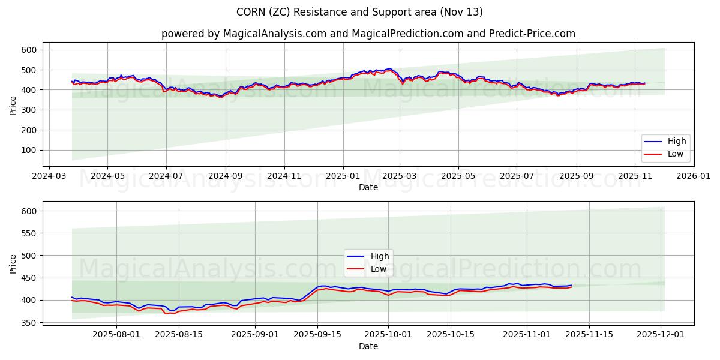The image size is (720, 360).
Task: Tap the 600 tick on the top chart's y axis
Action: click(x=29, y=50)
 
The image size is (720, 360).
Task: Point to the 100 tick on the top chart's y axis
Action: click(x=29, y=150)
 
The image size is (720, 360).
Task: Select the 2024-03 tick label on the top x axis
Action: click(x=49, y=176)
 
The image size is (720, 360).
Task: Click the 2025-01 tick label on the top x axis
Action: click(x=343, y=176)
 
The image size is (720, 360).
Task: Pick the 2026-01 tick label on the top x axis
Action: click(x=693, y=176)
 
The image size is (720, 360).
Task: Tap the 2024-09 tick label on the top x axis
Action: click(x=226, y=176)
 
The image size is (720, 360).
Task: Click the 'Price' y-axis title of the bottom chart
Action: click(x=13, y=263)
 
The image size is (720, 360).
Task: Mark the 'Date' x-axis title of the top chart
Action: click(x=368, y=187)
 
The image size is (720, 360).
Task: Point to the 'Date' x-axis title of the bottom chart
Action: click(x=368, y=346)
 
